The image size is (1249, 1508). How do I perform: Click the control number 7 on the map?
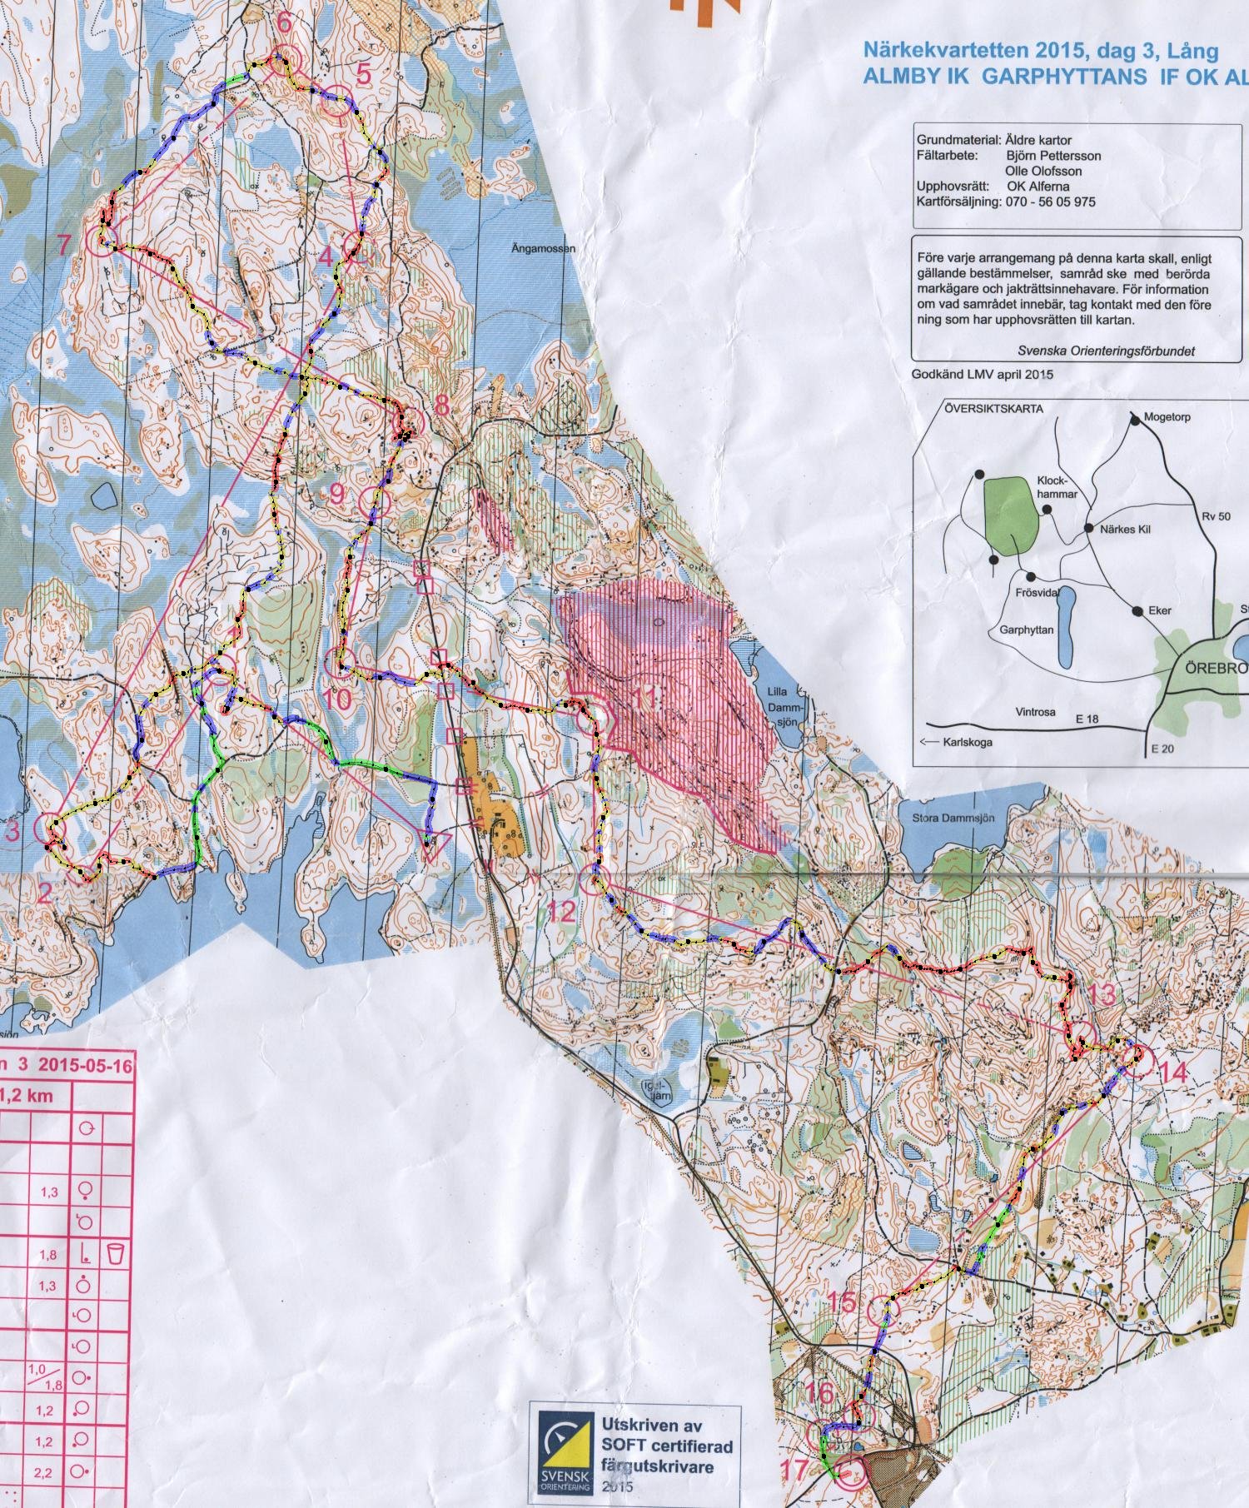[63, 245]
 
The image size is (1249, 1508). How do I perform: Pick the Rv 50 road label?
[1215, 516]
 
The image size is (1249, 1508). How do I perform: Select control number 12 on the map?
[563, 910]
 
